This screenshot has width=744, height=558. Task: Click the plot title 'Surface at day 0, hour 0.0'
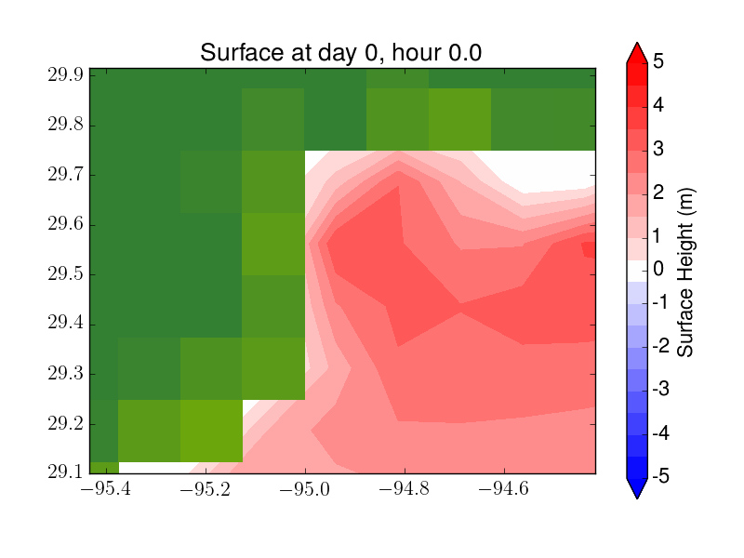point(340,52)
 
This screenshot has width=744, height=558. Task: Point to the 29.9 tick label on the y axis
point(65,74)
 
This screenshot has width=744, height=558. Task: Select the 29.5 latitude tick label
point(65,273)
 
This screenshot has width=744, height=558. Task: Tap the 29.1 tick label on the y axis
point(65,472)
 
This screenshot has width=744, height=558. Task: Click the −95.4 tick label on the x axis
point(106,489)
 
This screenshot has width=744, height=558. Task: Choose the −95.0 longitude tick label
point(305,489)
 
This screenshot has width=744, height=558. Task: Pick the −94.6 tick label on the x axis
point(503,489)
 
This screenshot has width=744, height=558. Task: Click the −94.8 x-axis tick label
point(405,489)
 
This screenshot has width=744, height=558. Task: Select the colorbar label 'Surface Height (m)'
point(685,272)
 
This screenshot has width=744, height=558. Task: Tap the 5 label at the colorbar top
point(658,60)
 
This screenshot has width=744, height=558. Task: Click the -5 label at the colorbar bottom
point(661,475)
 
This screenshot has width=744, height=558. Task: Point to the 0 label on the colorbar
point(658,269)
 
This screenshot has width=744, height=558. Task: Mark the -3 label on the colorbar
point(661,389)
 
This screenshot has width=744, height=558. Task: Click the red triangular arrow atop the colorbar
point(637,54)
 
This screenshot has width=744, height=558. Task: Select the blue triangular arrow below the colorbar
point(637,487)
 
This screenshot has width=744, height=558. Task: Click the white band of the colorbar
point(637,272)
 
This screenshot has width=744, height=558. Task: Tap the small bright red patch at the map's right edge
point(589,249)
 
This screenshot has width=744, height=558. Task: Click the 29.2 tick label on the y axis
point(65,423)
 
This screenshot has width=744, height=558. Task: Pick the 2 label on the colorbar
point(658,193)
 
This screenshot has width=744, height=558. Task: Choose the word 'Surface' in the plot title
point(242,52)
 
